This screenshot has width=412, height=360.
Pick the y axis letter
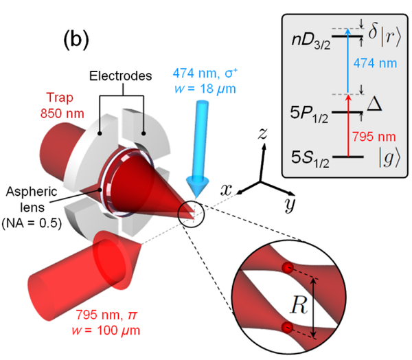(287, 203)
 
